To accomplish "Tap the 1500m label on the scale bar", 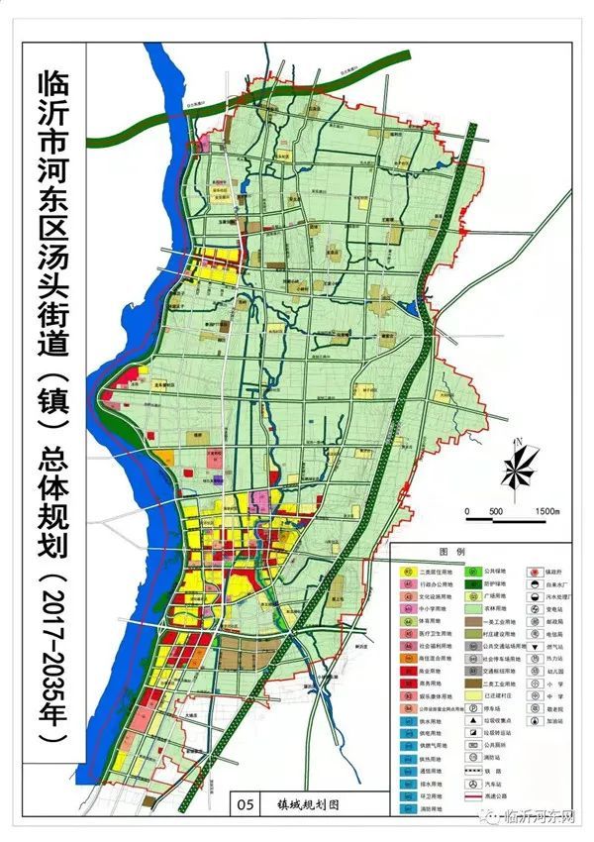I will tap(544, 511).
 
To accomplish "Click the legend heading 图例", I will tap(487, 550).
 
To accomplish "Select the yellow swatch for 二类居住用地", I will tap(408, 572).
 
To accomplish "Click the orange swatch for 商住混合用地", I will tap(408, 656).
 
